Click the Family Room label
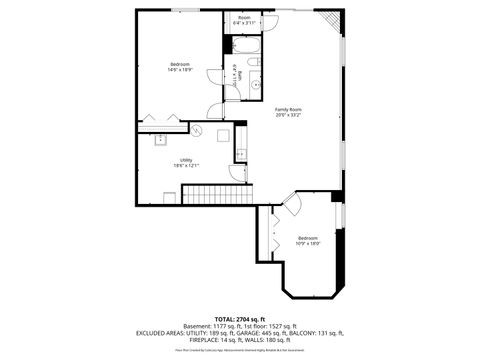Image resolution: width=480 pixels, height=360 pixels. [289, 112]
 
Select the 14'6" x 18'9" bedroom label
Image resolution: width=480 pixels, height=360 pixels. [180, 67]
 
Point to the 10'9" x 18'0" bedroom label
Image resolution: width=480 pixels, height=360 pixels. [308, 240]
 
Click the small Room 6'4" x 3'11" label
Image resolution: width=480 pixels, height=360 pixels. [245, 19]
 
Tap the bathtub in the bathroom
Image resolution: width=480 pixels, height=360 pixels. [245, 46]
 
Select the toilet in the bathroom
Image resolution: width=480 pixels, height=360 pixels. [255, 63]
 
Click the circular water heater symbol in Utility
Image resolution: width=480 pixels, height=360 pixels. [197, 131]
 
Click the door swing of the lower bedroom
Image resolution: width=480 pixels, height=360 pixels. [291, 207]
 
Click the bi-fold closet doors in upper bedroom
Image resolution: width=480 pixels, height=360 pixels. [163, 119]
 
